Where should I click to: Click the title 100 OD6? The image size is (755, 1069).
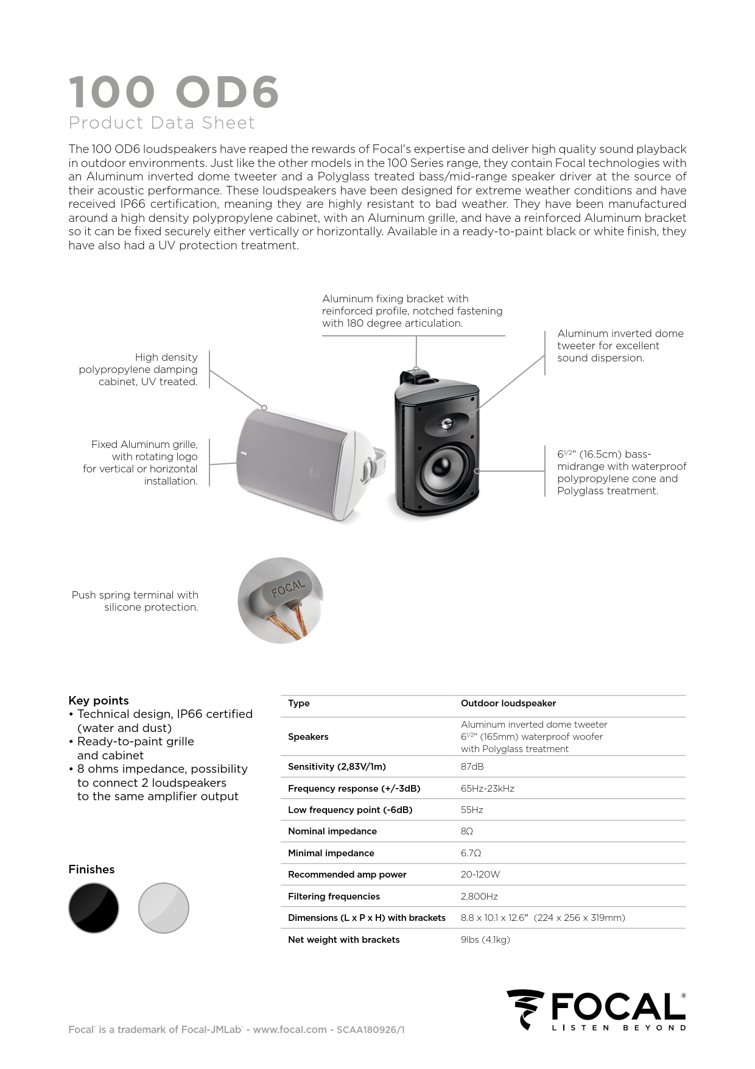pyautogui.click(x=174, y=92)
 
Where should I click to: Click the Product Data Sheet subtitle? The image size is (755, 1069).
pyautogui.click(x=161, y=123)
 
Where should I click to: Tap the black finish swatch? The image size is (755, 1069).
pyautogui.click(x=94, y=907)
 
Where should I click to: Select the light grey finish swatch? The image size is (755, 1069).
pyautogui.click(x=164, y=907)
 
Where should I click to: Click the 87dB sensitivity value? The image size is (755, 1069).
pyautogui.click(x=472, y=767)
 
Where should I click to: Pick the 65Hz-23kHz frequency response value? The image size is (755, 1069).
pyautogui.click(x=487, y=789)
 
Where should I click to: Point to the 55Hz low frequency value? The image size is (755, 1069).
pyautogui.click(x=472, y=810)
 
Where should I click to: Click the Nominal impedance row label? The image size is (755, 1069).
pyautogui.click(x=332, y=831)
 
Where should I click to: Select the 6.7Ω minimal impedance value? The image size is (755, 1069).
pyautogui.click(x=471, y=853)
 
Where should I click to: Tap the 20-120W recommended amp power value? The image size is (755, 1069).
pyautogui.click(x=480, y=875)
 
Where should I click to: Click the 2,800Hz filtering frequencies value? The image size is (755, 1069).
pyautogui.click(x=479, y=897)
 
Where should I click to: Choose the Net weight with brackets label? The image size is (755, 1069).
pyautogui.click(x=343, y=940)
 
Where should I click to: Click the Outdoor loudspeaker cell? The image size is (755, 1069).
pyautogui.click(x=508, y=703)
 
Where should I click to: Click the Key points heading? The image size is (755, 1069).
pyautogui.click(x=99, y=700)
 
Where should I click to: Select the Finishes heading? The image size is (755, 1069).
pyautogui.click(x=91, y=869)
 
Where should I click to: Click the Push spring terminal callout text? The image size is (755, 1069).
pyautogui.click(x=135, y=601)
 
